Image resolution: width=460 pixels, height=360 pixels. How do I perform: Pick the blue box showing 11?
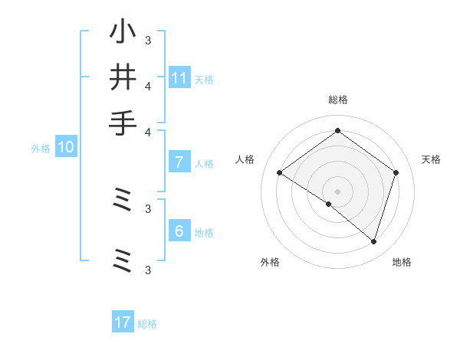[179, 77]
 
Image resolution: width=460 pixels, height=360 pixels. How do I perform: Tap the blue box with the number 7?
[179, 162]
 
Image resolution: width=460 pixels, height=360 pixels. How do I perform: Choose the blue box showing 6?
[179, 231]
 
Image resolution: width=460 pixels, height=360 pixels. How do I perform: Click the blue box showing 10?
[65, 147]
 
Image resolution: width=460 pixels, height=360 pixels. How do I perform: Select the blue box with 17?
[123, 322]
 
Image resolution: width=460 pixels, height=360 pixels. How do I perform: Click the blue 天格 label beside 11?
[204, 79]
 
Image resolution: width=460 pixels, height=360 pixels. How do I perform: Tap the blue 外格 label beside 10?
[41, 149]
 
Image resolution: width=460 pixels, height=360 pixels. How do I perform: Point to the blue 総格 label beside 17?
[147, 324]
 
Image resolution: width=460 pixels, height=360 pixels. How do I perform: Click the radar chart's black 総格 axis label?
[337, 100]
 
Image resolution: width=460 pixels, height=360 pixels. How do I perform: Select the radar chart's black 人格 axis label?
[245, 159]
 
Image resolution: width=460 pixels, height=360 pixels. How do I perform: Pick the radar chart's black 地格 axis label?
[402, 262]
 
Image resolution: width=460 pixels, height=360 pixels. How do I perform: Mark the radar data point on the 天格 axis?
[396, 172]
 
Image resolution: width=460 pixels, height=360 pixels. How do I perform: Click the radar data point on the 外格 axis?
[328, 205]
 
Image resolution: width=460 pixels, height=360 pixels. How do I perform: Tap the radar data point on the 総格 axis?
[337, 130]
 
